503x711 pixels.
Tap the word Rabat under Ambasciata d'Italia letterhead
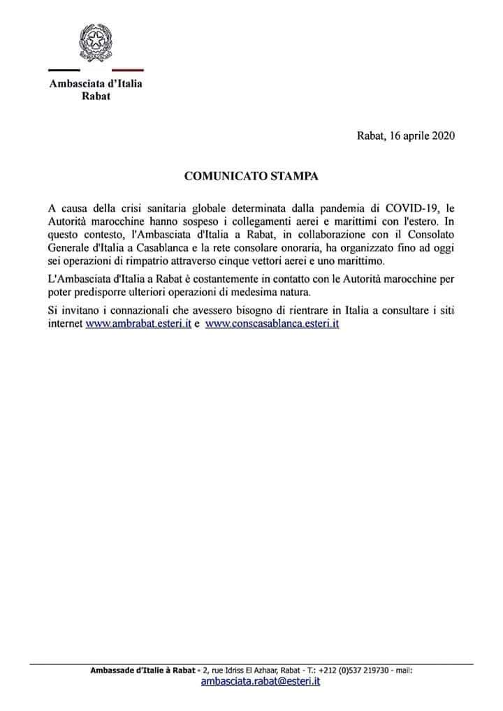point(96,96)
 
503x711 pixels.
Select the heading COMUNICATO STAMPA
point(251,176)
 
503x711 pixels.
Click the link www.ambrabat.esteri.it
point(138,324)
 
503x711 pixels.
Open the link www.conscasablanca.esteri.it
point(272,324)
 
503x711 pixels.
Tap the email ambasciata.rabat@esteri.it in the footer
point(261,682)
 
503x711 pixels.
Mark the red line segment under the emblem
point(128,70)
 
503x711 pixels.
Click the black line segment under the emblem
point(64,70)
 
